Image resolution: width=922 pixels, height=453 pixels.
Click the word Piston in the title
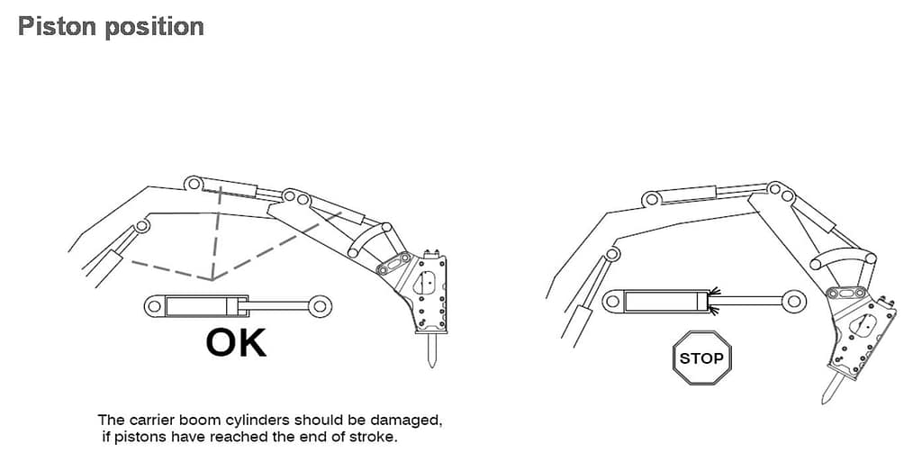click(x=57, y=26)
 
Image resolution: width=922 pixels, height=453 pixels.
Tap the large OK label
click(x=236, y=343)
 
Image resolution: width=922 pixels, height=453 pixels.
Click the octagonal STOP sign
click(x=701, y=358)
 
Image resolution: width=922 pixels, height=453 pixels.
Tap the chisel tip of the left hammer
click(x=431, y=366)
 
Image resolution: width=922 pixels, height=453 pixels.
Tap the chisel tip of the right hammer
click(x=825, y=402)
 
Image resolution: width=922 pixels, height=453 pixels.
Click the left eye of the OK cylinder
click(x=154, y=306)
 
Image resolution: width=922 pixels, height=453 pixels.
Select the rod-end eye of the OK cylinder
click(x=320, y=306)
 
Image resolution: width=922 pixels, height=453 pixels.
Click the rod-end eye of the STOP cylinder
click(x=794, y=301)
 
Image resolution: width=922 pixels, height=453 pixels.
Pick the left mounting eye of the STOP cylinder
click(x=612, y=301)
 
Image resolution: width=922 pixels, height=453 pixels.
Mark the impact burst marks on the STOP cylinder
click(x=714, y=301)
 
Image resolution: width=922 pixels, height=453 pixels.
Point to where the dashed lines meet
click(x=212, y=279)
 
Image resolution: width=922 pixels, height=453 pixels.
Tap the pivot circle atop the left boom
click(x=193, y=184)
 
